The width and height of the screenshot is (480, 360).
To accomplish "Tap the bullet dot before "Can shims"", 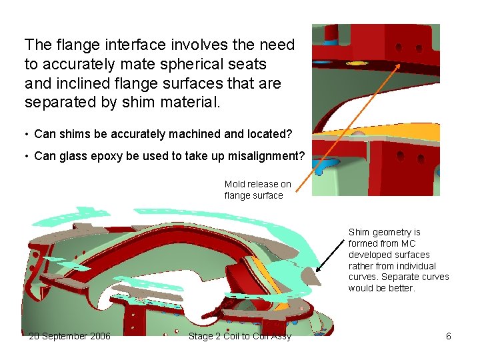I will [x=27, y=134].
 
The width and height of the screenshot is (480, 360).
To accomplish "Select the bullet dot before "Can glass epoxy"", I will [x=27, y=156].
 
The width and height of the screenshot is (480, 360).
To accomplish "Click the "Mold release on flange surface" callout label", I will [x=257, y=190].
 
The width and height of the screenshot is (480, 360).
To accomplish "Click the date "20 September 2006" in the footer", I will [x=69, y=336].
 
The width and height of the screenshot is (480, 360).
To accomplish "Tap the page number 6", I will [x=449, y=336].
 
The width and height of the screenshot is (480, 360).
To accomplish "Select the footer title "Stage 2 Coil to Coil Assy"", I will [x=240, y=336].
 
